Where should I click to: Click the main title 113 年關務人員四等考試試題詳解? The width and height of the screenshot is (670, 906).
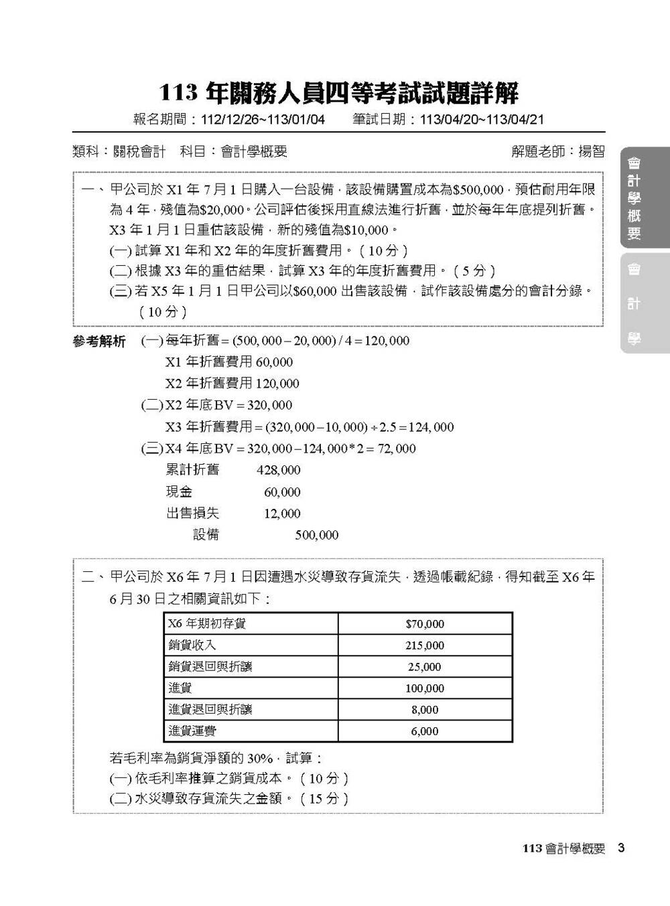point(338,93)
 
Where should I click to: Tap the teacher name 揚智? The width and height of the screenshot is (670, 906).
point(592,152)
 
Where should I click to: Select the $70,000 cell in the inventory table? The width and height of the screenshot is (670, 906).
point(425,624)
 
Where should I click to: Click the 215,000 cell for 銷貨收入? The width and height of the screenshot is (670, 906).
point(425,646)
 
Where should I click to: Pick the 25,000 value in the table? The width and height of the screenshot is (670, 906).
point(425,667)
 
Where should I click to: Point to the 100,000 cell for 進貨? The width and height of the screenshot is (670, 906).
point(425,688)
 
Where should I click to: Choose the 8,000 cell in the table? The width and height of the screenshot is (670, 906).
point(425,710)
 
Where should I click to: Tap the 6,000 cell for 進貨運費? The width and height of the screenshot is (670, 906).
point(425,731)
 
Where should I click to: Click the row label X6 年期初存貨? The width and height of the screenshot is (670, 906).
point(207,623)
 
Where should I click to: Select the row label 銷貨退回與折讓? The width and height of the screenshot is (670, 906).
point(210,667)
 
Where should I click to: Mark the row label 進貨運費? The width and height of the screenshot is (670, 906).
point(192,731)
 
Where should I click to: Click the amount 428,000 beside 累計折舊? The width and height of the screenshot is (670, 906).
point(279,471)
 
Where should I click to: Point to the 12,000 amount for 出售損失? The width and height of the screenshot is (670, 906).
point(282,514)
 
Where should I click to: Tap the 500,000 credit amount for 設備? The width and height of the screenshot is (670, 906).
point(317,535)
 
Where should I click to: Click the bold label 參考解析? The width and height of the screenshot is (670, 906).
point(99,342)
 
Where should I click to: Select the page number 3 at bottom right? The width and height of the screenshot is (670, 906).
point(621,848)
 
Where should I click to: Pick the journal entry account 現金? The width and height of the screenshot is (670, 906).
point(179,492)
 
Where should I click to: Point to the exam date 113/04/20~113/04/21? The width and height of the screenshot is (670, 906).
point(480,120)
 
